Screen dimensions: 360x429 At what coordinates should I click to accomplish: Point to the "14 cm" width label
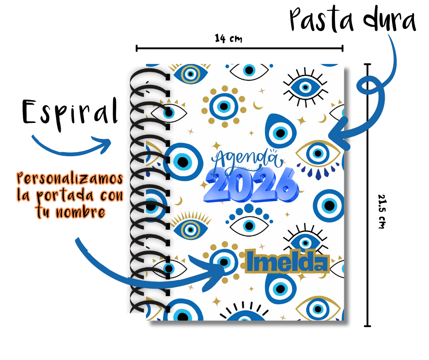pyautogui.click(x=228, y=38)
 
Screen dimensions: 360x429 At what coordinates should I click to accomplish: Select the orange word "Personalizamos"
pyautogui.click(x=70, y=177)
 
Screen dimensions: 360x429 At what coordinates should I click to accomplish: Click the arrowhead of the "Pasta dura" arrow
pyautogui.click(x=335, y=135)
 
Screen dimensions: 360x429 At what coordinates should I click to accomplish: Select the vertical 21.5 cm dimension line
pyautogui.click(x=367, y=137)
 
